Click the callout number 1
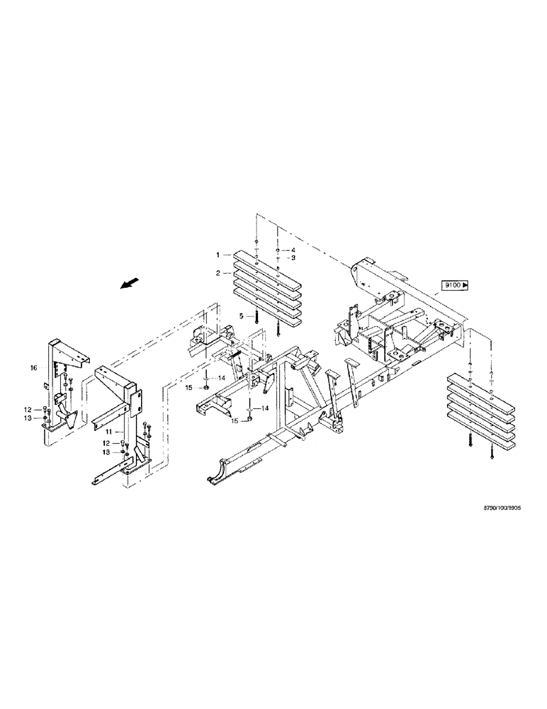click(x=220, y=254)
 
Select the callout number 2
click(x=220, y=272)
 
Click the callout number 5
click(x=241, y=316)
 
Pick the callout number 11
click(x=111, y=430)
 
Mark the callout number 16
click(x=33, y=369)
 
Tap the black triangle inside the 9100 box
click(x=466, y=285)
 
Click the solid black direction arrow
click(x=128, y=284)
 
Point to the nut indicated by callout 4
click(x=278, y=251)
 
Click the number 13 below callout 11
click(x=106, y=452)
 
